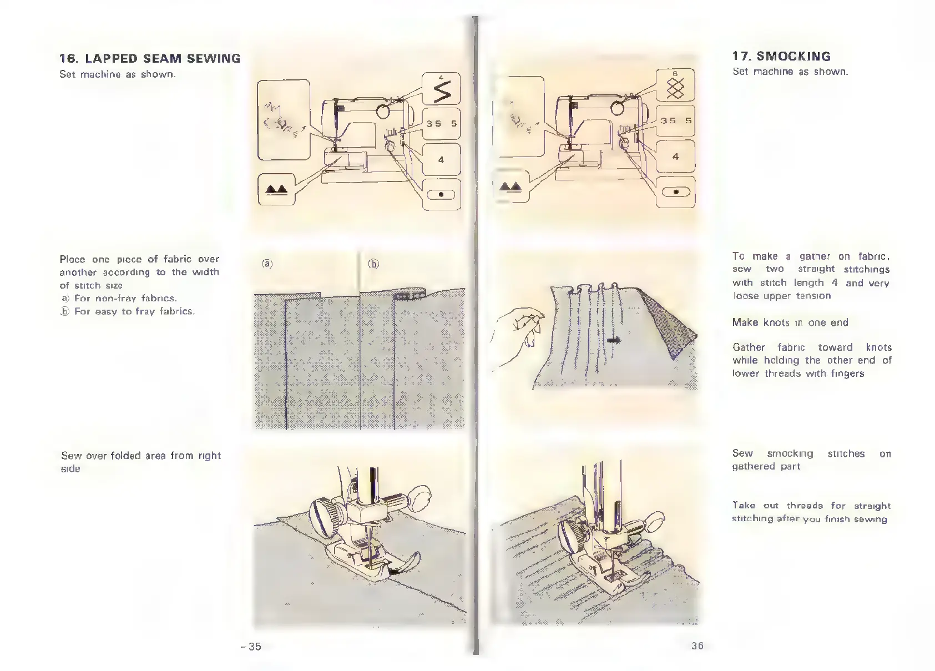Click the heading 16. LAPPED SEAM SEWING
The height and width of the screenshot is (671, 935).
150,59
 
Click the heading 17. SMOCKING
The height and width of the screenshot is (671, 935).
781,57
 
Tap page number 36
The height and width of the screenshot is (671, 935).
697,645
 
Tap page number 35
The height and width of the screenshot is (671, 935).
252,646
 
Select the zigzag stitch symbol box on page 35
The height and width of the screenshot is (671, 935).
441,89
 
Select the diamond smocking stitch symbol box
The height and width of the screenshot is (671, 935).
675,85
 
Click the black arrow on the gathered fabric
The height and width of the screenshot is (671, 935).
613,340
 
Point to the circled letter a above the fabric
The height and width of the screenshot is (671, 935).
267,264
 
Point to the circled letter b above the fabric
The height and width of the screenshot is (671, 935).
373,264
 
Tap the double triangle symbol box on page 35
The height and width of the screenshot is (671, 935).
276,190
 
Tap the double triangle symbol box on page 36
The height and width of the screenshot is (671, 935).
510,187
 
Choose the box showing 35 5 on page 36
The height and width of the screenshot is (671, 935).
675,120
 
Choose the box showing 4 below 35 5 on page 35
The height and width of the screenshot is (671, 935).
441,160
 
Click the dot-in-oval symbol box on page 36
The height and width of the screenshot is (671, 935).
675,192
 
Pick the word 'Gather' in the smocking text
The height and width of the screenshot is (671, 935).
749,347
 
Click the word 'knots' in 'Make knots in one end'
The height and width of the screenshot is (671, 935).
776,322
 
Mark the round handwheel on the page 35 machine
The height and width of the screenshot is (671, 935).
383,112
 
